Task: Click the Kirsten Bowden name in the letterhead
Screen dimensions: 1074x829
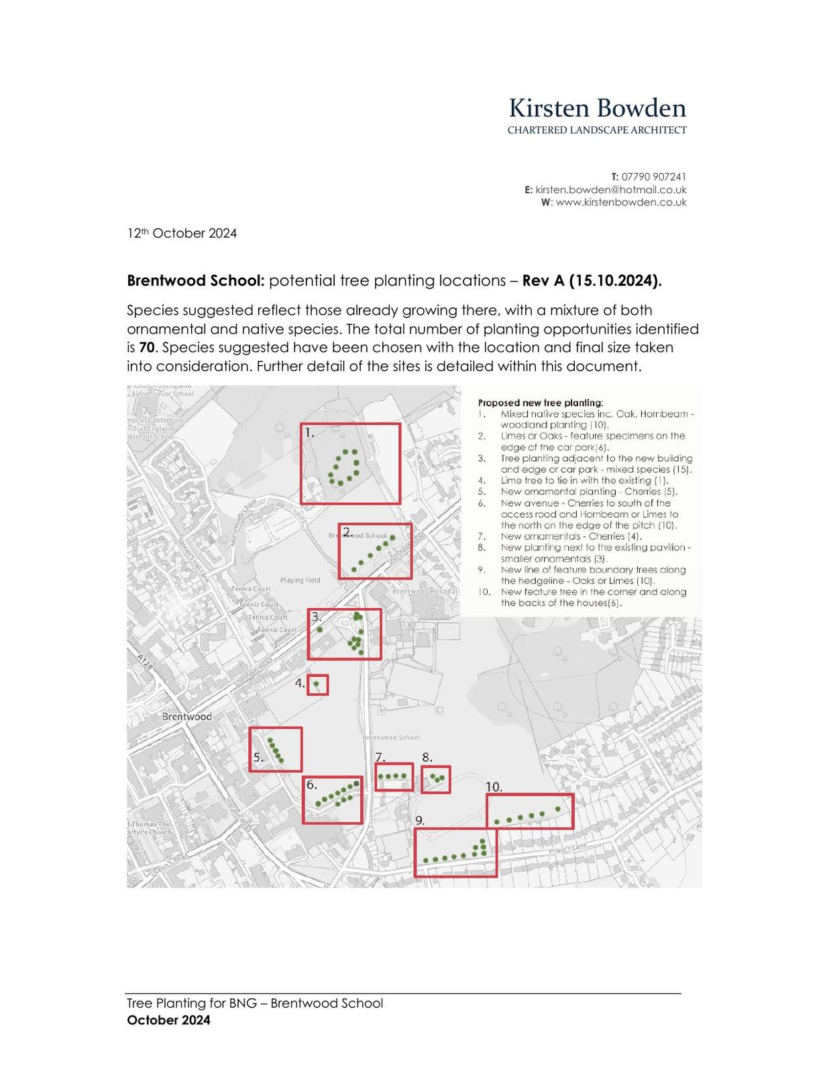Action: [597, 109]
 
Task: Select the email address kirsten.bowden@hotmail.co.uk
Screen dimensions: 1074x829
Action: [610, 190]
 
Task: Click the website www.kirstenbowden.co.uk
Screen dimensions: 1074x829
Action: [620, 202]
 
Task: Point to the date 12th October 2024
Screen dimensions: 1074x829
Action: [182, 234]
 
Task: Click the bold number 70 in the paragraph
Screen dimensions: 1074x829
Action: [146, 348]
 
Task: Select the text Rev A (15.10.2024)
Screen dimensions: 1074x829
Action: [592, 281]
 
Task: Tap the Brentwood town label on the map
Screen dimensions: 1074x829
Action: [186, 716]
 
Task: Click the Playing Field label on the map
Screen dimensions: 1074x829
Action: [300, 580]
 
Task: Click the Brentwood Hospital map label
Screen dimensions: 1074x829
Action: [424, 591]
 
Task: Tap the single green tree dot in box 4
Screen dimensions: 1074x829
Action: [317, 683]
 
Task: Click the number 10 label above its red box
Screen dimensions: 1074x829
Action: [494, 787]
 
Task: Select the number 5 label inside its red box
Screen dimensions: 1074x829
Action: [258, 757]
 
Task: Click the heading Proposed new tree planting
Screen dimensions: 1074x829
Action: [540, 403]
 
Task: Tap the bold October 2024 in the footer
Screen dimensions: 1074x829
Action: [168, 1020]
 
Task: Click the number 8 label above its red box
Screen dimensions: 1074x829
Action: [427, 758]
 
